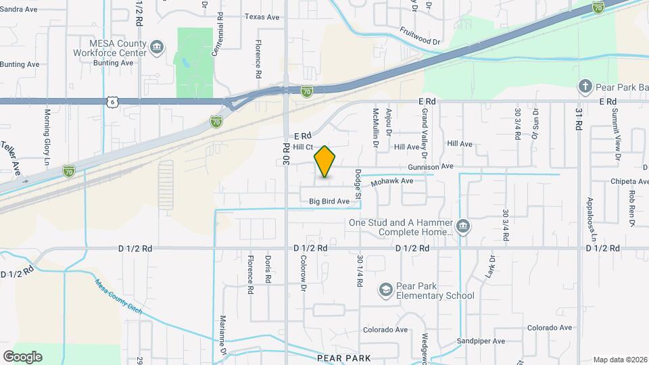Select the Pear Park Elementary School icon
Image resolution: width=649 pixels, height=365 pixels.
tap(385, 290)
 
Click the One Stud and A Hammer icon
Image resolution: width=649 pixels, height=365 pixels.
tap(462, 226)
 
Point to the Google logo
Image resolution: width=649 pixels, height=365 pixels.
tap(22, 356)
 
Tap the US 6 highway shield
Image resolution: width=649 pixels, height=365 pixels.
tap(112, 101)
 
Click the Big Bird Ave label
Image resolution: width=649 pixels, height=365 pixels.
tap(329, 201)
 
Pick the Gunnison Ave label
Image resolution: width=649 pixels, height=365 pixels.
tap(430, 166)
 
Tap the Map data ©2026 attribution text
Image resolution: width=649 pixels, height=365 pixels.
tap(619, 360)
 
